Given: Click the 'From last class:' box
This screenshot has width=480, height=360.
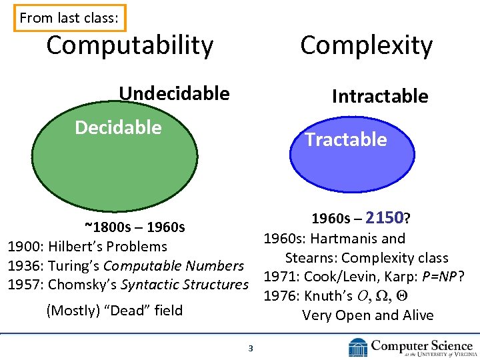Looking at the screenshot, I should tap(69, 18).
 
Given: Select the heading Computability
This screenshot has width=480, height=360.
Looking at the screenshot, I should tap(130, 45).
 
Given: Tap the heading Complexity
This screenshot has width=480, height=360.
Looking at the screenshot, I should tap(366, 45).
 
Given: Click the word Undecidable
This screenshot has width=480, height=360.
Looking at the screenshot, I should tap(174, 93).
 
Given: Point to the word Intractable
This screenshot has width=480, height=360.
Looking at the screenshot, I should tap(380, 96).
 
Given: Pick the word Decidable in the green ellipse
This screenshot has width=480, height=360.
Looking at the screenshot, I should tap(118, 127).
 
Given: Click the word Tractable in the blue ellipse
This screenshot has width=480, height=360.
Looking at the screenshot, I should tap(345, 139).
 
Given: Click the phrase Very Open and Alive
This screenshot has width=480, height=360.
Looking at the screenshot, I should tap(367, 315).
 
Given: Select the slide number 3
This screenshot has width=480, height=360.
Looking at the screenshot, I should tap(250, 347).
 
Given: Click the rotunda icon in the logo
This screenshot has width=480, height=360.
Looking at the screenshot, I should tap(357, 347).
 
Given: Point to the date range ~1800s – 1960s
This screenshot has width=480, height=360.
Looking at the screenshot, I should tap(135, 227).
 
